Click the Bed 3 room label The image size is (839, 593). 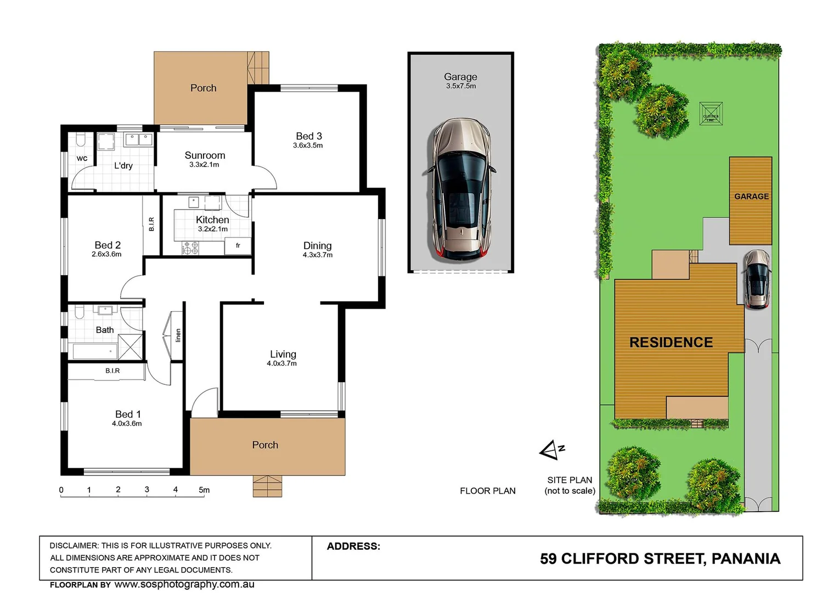tap(308, 136)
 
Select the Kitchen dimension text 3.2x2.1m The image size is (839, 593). tap(212, 229)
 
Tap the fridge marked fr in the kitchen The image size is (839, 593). tap(238, 246)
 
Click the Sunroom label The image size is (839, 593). tap(205, 155)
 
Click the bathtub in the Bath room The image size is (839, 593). tap(95, 351)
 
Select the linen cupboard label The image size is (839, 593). tap(178, 335)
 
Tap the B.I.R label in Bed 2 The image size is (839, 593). tap(151, 223)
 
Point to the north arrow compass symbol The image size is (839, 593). tap(551, 451)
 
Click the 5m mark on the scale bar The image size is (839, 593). tap(204, 490)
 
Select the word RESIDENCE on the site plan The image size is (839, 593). tap(671, 343)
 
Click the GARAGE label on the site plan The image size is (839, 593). tap(751, 197)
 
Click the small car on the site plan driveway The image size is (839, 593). tap(757, 279)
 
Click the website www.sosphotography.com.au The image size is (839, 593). tap(184, 584)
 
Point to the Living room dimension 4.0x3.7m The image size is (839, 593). tap(281, 363)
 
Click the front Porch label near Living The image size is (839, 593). tap(265, 445)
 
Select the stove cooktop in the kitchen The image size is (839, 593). tap(190, 248)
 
